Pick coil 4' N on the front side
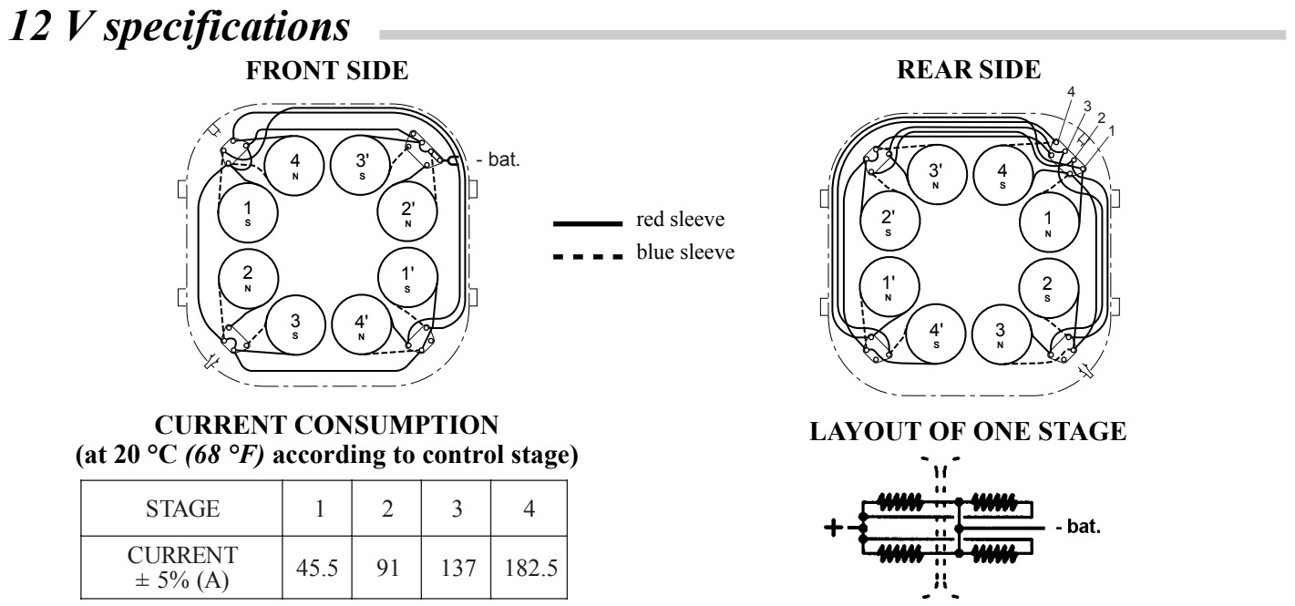[x=362, y=326]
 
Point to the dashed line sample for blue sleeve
[x=582, y=252]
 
